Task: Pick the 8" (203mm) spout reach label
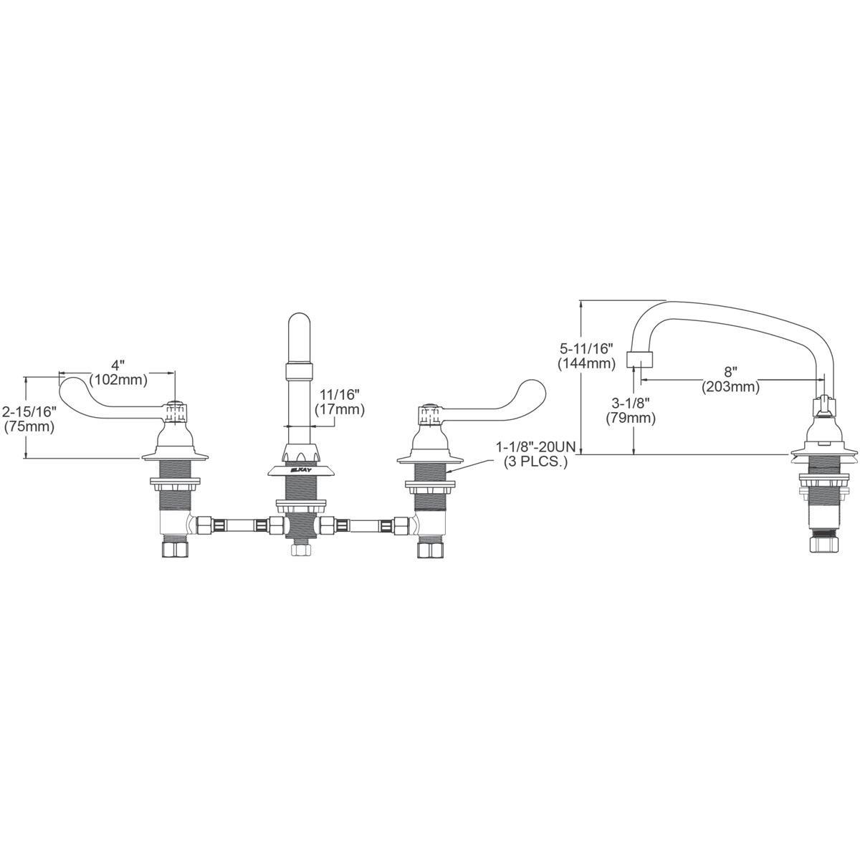tap(730, 379)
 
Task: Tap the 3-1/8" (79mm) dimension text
tap(631, 411)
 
